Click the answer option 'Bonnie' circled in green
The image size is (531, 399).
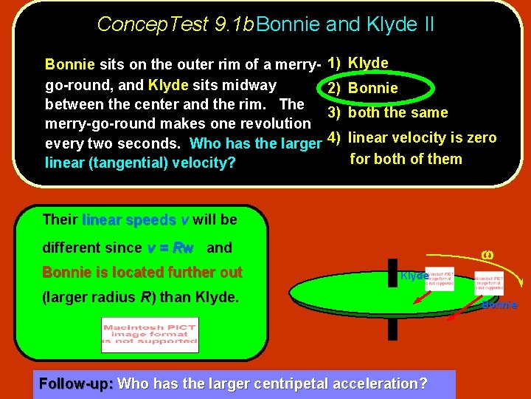372,88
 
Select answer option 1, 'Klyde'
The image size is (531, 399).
367,63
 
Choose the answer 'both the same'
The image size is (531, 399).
398,112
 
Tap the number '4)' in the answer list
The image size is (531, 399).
333,137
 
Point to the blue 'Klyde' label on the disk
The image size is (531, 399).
414,276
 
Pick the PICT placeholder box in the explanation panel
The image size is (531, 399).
150,335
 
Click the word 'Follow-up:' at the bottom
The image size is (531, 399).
76,383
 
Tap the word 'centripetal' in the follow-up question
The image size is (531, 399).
294,383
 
